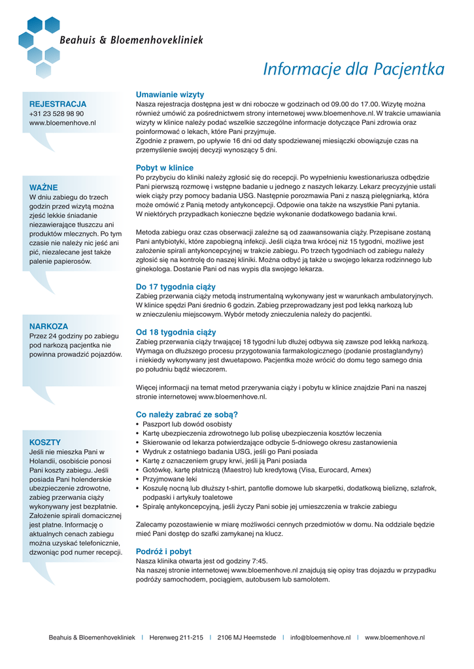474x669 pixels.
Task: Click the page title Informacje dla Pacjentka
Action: [353, 69]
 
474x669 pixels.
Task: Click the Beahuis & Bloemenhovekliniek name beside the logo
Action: [131, 41]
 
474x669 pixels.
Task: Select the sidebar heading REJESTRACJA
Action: [58, 104]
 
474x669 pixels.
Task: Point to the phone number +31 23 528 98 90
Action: [56, 114]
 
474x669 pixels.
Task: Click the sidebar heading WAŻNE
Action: [44, 188]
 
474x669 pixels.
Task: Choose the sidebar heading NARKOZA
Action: [48, 326]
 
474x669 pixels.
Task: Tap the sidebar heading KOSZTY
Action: [45, 442]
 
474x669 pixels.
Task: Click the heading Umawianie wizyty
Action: [170, 95]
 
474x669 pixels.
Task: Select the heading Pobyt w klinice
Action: [165, 168]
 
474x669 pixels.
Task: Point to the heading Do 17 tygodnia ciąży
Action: [175, 287]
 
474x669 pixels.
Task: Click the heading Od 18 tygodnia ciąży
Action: [176, 332]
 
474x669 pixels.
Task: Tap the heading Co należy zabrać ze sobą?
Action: [187, 414]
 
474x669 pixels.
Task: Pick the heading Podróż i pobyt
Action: [163, 551]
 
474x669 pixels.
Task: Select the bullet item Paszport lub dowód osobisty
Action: [186, 424]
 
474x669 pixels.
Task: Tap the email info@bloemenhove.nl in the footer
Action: [320, 638]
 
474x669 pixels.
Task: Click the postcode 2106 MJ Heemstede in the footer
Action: [246, 638]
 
